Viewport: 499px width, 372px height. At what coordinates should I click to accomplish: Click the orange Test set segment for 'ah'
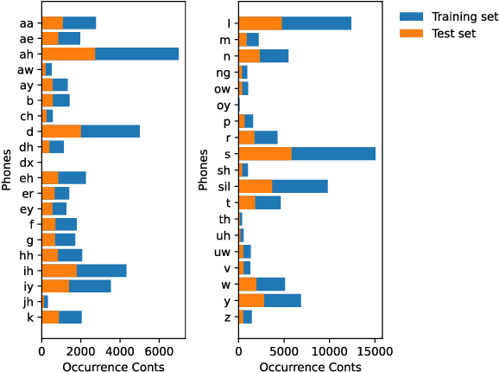click(x=68, y=54)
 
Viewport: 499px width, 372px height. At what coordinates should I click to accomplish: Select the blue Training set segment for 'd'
click(x=111, y=131)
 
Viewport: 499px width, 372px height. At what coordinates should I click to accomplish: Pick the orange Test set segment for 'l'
click(x=260, y=22)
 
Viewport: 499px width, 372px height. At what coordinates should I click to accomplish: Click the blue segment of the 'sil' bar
click(x=300, y=186)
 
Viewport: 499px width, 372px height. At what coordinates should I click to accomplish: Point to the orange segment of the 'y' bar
click(x=251, y=300)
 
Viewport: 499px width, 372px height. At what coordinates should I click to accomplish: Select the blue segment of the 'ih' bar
click(x=101, y=270)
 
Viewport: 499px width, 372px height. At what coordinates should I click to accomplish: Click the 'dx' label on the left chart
click(x=27, y=162)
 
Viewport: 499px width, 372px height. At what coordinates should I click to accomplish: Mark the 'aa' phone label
click(x=27, y=22)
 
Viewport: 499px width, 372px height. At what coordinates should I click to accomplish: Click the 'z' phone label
click(x=227, y=317)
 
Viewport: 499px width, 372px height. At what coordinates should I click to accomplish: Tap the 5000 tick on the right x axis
click(x=284, y=352)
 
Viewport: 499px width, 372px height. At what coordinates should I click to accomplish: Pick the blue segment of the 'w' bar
click(x=271, y=284)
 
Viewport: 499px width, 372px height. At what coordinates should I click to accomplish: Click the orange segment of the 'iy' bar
click(x=55, y=285)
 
